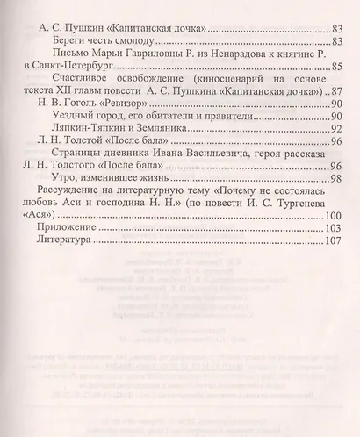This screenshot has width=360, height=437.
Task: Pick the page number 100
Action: click(x=331, y=240)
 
